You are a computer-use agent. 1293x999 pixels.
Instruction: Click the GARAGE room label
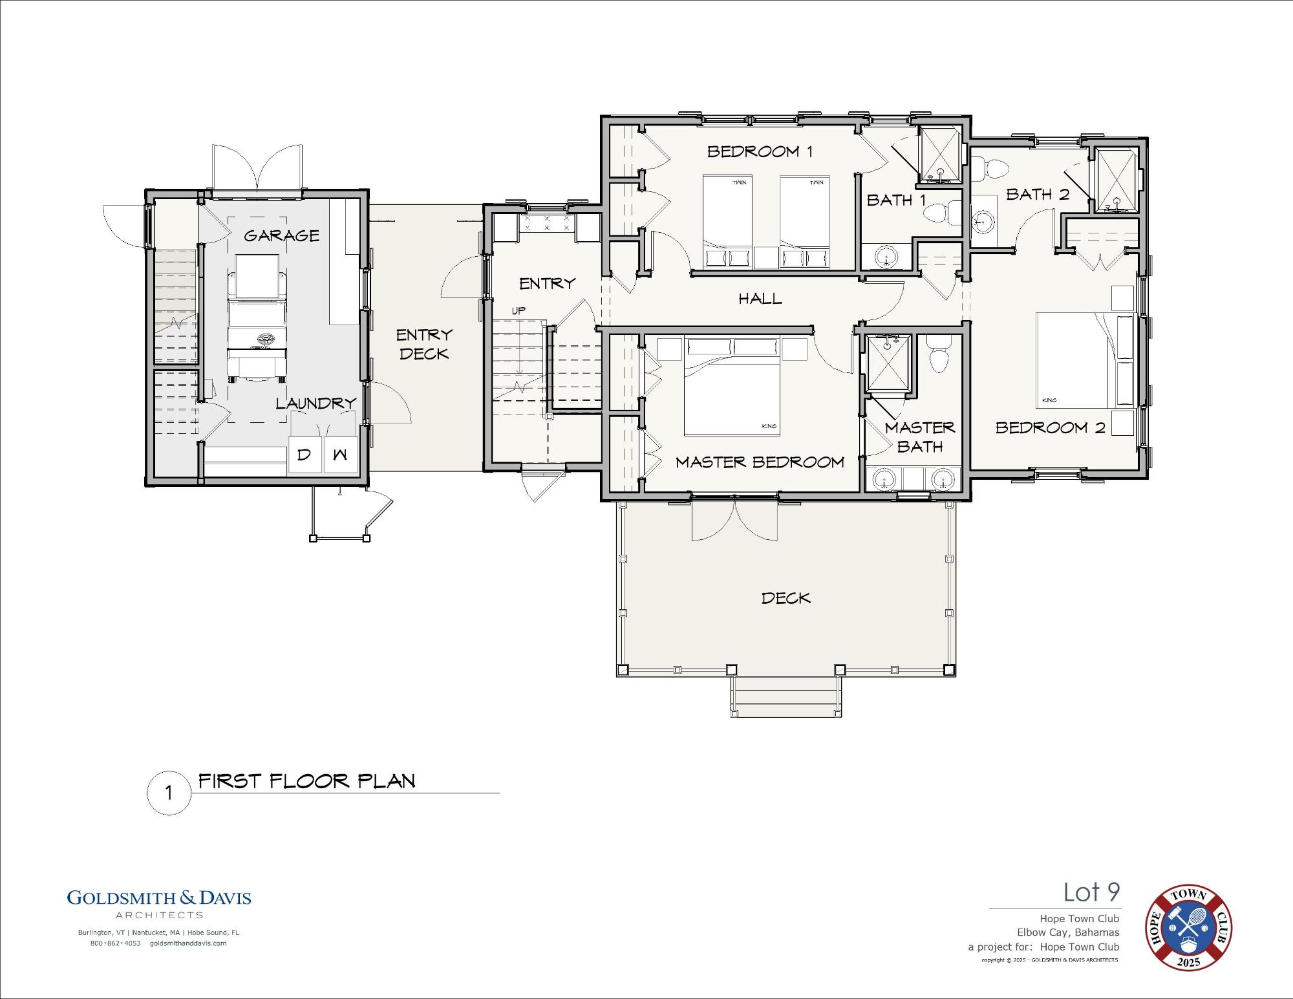(281, 235)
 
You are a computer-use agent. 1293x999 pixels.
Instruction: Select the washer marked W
(341, 455)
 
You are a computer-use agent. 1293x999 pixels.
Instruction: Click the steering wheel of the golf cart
(264, 339)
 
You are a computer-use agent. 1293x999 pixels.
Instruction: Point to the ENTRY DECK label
(424, 344)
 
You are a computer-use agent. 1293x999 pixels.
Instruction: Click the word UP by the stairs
(518, 310)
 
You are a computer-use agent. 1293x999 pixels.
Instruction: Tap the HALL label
(760, 299)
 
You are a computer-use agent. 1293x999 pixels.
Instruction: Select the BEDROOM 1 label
(760, 151)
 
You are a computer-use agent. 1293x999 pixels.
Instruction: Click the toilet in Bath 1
(943, 213)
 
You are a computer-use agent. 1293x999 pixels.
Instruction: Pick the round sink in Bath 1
(886, 256)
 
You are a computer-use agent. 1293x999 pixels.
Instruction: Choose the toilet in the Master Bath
(938, 354)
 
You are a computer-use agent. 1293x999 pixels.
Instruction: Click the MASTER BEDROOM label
(760, 462)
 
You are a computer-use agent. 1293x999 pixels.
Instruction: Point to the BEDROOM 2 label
(1051, 427)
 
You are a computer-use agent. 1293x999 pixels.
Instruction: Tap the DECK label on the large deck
(785, 598)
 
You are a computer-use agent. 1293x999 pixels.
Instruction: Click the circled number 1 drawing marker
(169, 793)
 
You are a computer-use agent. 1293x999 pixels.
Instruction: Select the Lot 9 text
(1092, 892)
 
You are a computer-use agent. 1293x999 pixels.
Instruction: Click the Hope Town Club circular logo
(1189, 928)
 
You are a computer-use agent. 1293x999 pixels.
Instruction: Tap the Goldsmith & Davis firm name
(159, 897)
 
